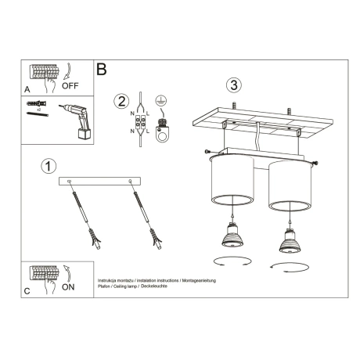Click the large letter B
coord(101,69)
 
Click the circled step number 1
coord(49,166)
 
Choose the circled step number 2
coord(120,101)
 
